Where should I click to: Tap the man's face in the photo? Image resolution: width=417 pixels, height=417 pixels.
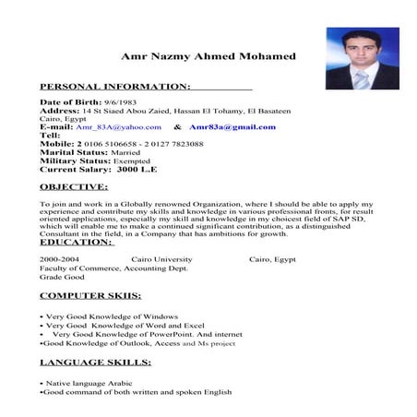pos(355,47)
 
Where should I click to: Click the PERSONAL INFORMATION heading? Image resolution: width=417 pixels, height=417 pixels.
pos(114,86)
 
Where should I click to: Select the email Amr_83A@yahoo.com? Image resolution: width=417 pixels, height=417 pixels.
pos(118,126)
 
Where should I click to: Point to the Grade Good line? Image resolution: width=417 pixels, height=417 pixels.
pos(63,277)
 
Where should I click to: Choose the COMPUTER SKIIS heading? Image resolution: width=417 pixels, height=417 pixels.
pos(90,296)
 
